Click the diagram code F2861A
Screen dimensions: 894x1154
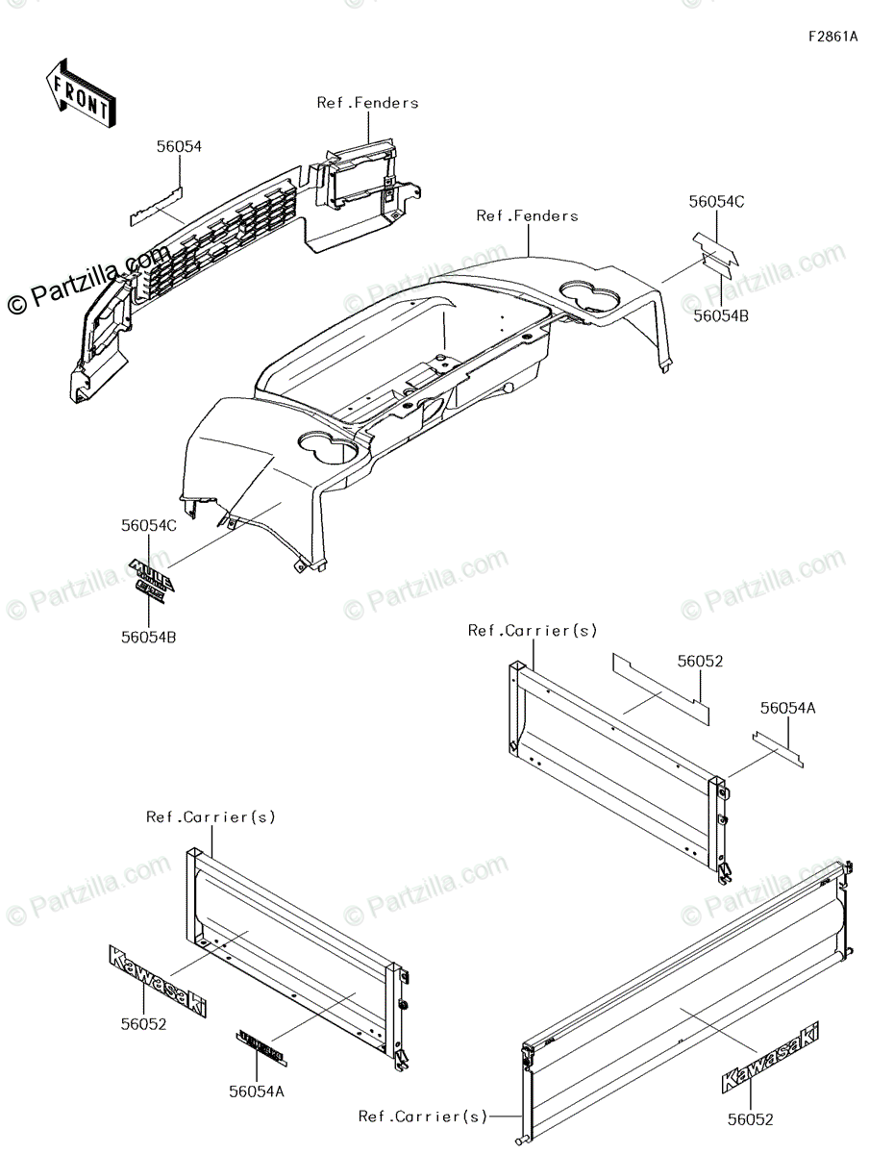point(832,38)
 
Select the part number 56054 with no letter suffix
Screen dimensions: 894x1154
point(180,146)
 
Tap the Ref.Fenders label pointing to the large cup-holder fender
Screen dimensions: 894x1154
point(527,216)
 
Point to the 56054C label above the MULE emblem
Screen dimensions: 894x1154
point(149,526)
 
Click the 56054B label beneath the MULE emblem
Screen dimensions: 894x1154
point(149,636)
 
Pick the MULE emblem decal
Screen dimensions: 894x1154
point(152,581)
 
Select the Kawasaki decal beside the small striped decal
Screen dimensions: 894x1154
point(156,981)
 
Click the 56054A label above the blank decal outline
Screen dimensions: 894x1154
point(787,708)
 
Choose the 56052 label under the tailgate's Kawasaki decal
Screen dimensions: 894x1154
point(749,1119)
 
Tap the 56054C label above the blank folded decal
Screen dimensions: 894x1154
point(716,202)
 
